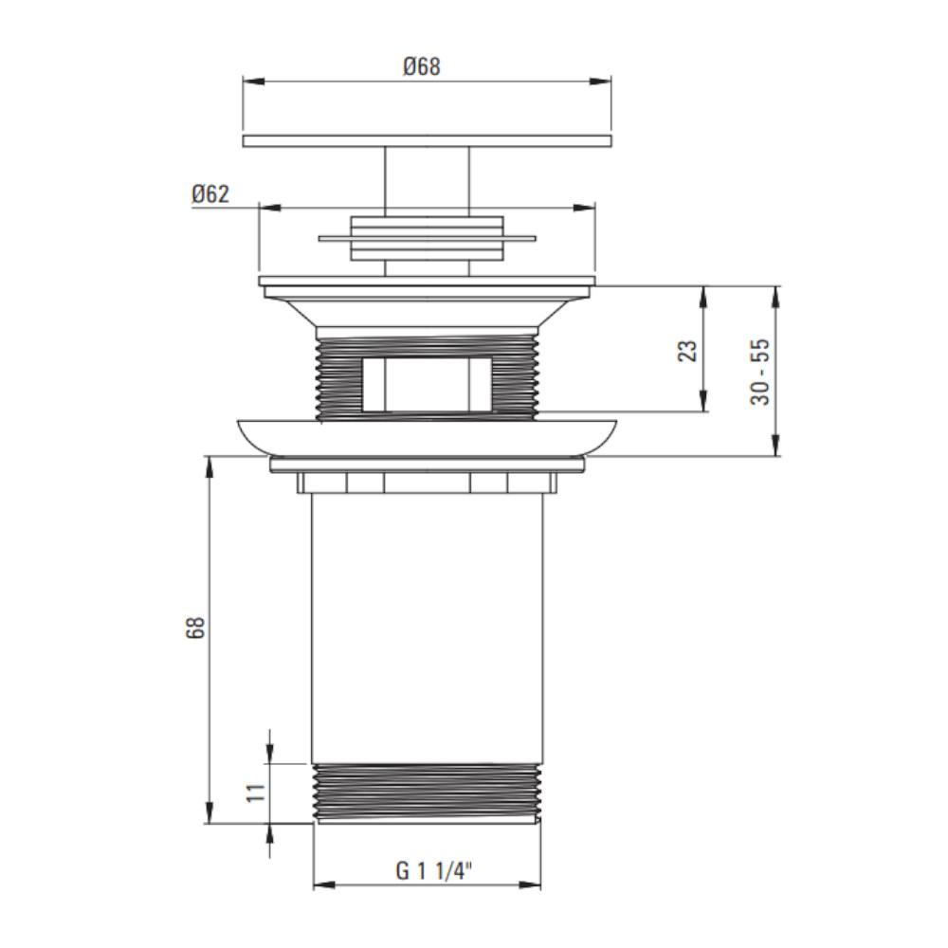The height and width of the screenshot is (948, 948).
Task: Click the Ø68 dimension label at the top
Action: [422, 66]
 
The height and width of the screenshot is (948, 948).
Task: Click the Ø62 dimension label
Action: [210, 194]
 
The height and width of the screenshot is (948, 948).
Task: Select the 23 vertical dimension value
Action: [688, 351]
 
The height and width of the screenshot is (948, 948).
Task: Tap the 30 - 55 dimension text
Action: [760, 372]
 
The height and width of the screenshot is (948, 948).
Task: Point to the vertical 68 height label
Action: [196, 628]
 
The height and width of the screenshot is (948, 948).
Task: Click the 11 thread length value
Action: [256, 792]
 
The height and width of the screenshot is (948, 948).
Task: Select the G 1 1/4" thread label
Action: [433, 871]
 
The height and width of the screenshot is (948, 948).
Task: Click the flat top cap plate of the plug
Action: [427, 141]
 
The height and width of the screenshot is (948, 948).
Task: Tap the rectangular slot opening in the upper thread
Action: [427, 385]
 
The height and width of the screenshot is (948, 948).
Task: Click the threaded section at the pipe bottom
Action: [427, 793]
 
